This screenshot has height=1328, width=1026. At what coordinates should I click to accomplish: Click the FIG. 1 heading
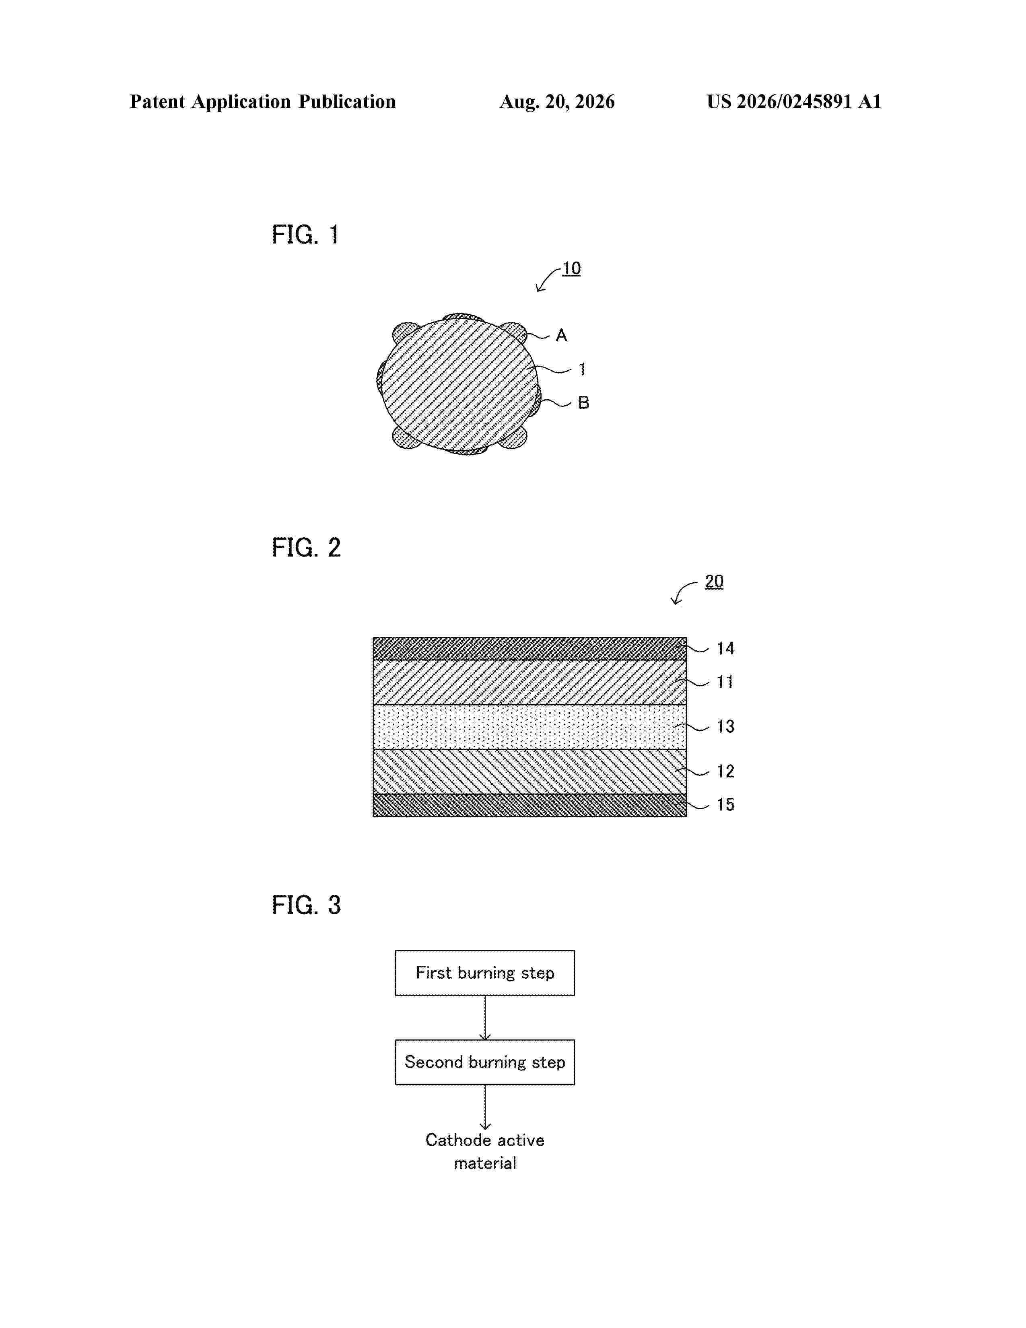[x=305, y=235]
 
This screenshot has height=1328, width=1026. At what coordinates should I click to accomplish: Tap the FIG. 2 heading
[x=306, y=548]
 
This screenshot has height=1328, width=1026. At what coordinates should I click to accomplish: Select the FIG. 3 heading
[x=306, y=905]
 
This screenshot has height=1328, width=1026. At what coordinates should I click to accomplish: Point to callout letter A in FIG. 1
[x=561, y=336]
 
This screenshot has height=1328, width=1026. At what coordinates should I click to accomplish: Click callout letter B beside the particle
[x=583, y=402]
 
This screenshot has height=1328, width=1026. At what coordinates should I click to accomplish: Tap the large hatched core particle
[x=459, y=386]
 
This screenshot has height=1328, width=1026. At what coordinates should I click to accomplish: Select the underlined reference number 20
[x=714, y=582]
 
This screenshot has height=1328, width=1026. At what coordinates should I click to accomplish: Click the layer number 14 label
[x=725, y=649]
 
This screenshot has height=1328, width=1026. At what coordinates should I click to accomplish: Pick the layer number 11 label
[x=725, y=682]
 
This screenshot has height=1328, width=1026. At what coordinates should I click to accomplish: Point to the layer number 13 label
[x=725, y=727]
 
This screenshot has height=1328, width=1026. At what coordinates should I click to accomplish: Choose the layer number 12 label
[x=725, y=771]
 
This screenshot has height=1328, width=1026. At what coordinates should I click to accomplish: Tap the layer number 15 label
[x=725, y=805]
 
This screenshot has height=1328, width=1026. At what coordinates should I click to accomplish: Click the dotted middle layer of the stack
[x=529, y=727]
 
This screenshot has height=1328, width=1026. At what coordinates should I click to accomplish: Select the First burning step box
[x=485, y=973]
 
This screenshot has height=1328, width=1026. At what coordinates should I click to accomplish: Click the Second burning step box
[x=485, y=1062]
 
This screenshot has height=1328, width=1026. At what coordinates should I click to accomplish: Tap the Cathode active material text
[x=485, y=1152]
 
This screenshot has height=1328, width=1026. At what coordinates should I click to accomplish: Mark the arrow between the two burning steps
[x=485, y=1018]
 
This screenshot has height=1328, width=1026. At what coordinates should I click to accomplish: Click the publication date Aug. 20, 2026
[x=557, y=101]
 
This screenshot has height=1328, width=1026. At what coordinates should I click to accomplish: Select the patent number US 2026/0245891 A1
[x=794, y=101]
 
